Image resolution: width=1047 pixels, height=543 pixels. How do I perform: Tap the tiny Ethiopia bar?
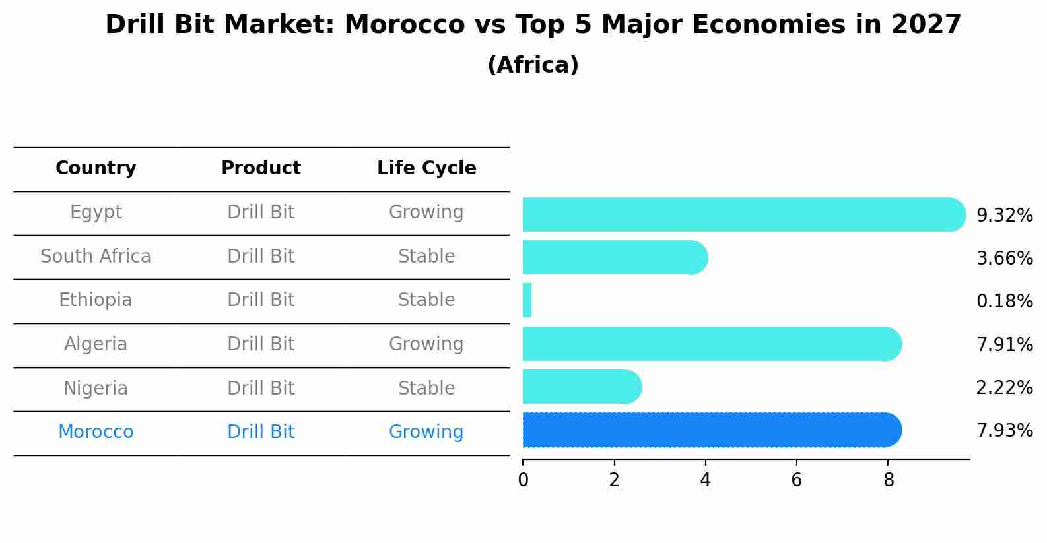527,301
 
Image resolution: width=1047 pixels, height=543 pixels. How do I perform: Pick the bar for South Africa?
614,257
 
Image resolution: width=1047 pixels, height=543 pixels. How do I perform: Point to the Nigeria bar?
581,387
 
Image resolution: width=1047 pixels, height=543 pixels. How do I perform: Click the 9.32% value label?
1004,216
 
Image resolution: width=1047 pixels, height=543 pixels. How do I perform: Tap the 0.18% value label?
1004,302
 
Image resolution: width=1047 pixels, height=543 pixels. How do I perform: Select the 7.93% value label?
1004,431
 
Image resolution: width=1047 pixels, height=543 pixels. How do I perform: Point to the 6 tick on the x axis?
797,480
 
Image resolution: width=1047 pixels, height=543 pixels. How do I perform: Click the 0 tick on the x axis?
523,480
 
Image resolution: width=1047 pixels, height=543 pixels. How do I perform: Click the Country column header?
96,168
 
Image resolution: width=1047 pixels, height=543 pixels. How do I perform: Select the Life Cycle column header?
426,168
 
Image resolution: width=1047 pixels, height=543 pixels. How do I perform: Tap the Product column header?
261,168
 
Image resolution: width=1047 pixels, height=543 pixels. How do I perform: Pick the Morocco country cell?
96,432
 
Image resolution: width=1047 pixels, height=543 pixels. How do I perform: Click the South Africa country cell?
96,257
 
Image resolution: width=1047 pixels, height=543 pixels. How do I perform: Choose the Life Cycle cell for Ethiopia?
426,300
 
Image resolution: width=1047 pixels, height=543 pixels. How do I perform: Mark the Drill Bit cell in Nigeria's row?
261,389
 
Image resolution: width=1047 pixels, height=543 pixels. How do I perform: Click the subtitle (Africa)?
533,65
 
